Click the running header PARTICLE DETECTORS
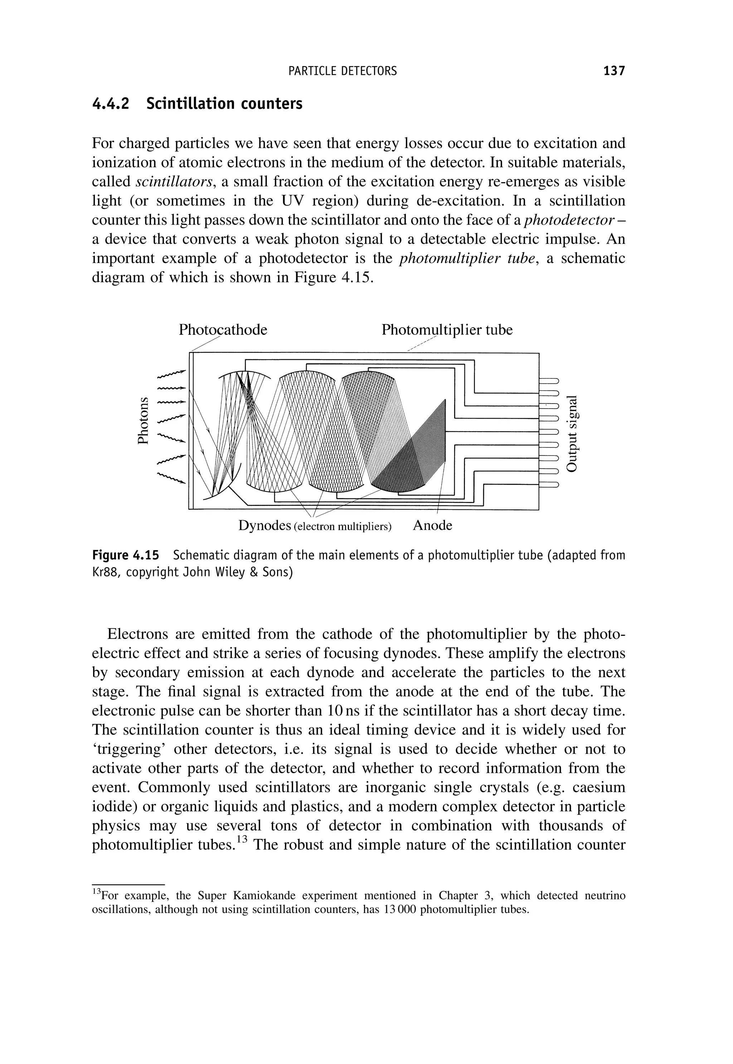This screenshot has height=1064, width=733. (343, 71)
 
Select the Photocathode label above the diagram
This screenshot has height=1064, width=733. (223, 330)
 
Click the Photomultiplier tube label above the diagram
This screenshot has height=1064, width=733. (447, 330)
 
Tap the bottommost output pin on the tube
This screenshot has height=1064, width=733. (549, 484)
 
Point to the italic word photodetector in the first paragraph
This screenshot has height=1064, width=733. (569, 220)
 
